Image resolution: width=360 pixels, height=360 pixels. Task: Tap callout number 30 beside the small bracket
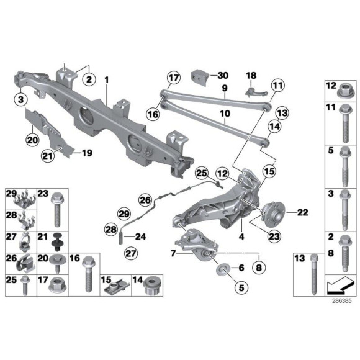tap(224, 76)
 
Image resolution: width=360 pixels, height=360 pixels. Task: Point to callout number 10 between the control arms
tap(225, 114)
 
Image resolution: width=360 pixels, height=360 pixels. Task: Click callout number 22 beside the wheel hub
tap(302, 212)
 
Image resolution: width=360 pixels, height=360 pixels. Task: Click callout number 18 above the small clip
tap(251, 75)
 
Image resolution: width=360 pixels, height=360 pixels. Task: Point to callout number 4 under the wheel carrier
tap(241, 236)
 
